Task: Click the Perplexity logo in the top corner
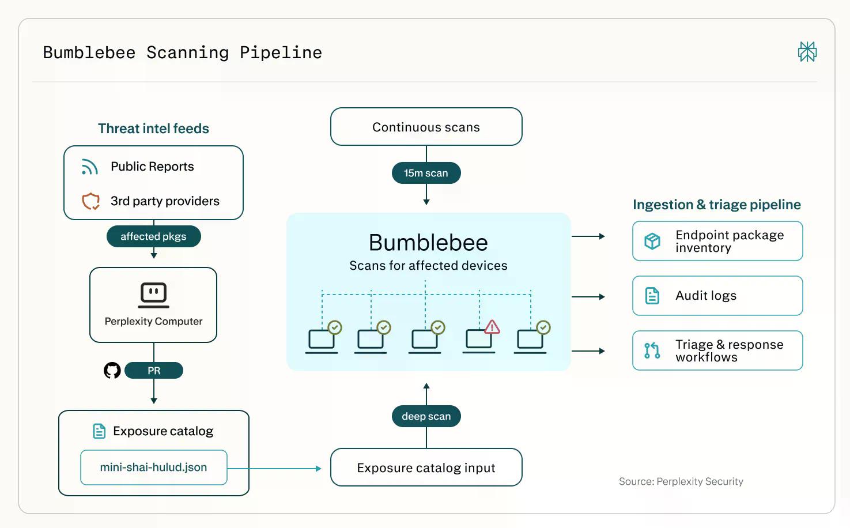pos(807,52)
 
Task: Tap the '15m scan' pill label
pos(426,173)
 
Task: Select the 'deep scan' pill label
pos(426,416)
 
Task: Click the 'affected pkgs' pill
pos(154,236)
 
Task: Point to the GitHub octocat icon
pos(112,371)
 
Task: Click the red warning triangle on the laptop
pos(492,327)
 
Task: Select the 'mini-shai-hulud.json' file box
pos(154,467)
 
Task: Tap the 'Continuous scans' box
pos(426,127)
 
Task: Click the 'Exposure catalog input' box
pos(426,467)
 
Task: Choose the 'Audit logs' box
pos(717,296)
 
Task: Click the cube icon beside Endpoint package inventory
pos(652,241)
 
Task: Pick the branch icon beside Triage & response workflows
pos(652,350)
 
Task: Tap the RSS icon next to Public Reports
pos(90,167)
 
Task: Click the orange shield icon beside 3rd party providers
pos(90,201)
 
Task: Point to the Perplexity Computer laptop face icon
pos(154,295)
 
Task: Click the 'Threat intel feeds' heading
pos(154,129)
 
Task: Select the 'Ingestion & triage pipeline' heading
pos(717,205)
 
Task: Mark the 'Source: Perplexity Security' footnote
pos(681,481)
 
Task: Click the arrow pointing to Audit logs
pos(588,296)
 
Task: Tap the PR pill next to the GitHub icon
pos(154,371)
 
